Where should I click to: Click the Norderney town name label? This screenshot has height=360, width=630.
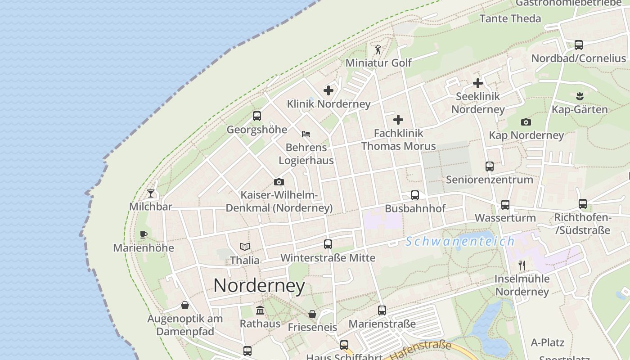coord(259,286)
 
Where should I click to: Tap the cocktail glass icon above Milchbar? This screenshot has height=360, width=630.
coord(151,193)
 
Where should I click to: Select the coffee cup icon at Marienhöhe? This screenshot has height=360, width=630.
coord(143,234)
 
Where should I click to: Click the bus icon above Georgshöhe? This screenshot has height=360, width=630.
coord(256,116)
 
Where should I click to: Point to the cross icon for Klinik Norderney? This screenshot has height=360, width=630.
coord(328,90)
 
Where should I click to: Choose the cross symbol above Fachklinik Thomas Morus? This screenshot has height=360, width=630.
coord(398,120)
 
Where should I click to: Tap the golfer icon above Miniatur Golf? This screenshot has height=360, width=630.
coord(378,49)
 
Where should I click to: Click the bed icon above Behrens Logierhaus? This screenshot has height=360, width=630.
coord(306,134)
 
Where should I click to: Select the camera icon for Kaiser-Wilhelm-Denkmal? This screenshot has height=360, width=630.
coord(279,182)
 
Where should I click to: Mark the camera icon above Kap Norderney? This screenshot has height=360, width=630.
coord(526,122)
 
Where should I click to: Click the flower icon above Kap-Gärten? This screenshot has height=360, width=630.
coord(580,96)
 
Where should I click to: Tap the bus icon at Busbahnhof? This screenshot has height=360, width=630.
coord(415,195)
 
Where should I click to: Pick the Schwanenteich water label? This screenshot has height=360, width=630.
coord(460,241)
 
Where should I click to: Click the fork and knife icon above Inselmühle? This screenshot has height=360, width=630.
coord(522,265)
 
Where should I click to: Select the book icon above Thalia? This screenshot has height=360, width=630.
coord(245,247)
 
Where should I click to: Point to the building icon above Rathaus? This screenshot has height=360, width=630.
coord(260,310)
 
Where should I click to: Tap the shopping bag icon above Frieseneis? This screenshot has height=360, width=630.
coord(312,314)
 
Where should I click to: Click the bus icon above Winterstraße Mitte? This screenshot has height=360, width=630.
coord(328,244)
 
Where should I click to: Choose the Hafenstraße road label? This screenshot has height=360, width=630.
coord(420,351)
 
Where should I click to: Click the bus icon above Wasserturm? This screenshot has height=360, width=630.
coord(505,205)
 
